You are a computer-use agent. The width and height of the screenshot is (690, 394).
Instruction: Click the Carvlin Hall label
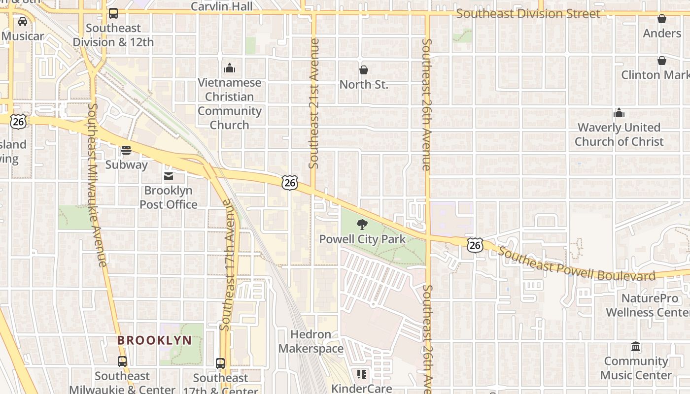pyautogui.click(x=222, y=6)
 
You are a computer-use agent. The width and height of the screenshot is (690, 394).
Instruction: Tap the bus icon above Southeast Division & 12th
pyautogui.click(x=113, y=13)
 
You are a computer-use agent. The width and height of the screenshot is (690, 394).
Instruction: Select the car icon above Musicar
pyautogui.click(x=23, y=21)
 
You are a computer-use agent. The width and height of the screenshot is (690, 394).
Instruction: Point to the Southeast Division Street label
pyautogui.click(x=528, y=14)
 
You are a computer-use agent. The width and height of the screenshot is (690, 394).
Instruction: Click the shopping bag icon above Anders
pyautogui.click(x=662, y=19)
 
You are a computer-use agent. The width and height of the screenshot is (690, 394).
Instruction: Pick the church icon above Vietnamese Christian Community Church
pyautogui.click(x=230, y=68)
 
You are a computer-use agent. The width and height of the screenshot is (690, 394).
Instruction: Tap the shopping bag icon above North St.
pyautogui.click(x=364, y=70)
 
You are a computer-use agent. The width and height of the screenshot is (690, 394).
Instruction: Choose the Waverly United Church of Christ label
pyautogui.click(x=619, y=134)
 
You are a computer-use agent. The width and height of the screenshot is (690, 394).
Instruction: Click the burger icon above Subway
pyautogui.click(x=126, y=150)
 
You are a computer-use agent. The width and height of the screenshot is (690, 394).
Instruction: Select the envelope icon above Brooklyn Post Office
pyautogui.click(x=169, y=176)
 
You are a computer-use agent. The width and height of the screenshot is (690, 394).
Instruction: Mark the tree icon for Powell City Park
pyautogui.click(x=362, y=225)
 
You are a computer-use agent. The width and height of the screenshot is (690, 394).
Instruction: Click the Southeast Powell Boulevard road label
pyautogui.click(x=577, y=265)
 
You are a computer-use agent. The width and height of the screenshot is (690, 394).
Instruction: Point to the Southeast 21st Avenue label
pyautogui.click(x=314, y=103)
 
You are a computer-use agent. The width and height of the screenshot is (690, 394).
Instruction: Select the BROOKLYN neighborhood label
pyautogui.click(x=154, y=340)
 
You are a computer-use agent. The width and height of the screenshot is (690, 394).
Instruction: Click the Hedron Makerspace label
pyautogui.click(x=311, y=342)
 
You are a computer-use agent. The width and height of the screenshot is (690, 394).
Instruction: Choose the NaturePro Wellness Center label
pyautogui.click(x=648, y=305)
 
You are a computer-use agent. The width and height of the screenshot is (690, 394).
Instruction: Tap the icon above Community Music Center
pyautogui.click(x=636, y=347)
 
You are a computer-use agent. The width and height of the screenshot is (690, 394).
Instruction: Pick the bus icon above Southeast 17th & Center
pyautogui.click(x=220, y=363)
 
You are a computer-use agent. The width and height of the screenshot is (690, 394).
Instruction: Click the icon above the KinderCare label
pyautogui.click(x=362, y=374)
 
